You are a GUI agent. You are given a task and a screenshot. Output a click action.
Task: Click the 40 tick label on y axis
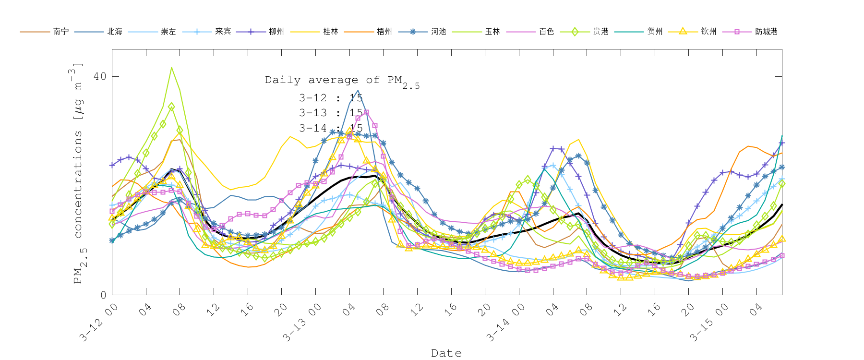(x=100, y=76)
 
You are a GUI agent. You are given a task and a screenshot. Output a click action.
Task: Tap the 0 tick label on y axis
(x=103, y=295)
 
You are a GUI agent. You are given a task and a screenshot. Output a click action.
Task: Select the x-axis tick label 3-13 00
(x=302, y=323)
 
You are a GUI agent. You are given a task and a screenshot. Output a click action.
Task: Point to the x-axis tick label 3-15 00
(x=709, y=323)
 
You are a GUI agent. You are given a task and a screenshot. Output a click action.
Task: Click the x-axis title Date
(x=446, y=353)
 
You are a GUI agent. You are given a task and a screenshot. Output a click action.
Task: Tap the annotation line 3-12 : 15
(x=331, y=98)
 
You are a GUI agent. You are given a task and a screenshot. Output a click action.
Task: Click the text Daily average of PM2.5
(x=342, y=81)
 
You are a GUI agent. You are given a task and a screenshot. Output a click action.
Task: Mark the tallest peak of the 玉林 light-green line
(x=171, y=68)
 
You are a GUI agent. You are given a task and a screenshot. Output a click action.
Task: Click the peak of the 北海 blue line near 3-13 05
(x=358, y=90)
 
